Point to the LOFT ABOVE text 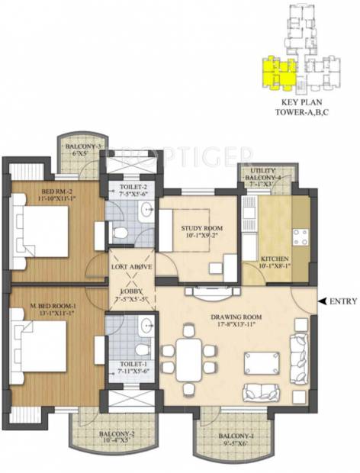[x=132, y=266]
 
